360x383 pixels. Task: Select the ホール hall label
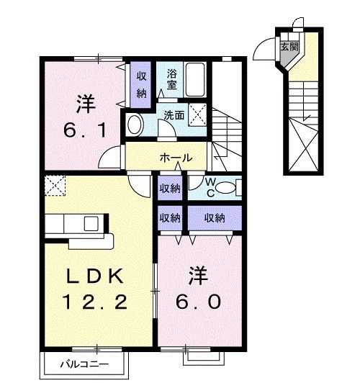point(175,156)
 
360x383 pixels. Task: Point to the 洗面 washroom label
point(173,114)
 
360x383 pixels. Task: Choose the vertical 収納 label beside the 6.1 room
point(141,82)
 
